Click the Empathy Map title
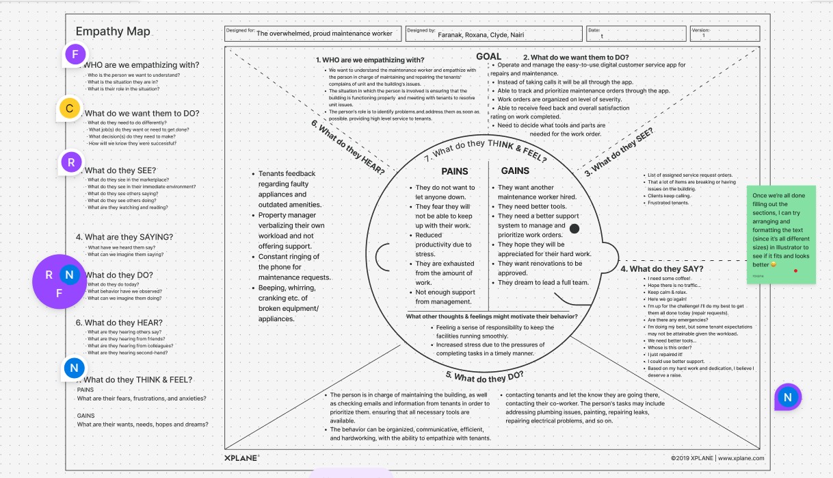113,32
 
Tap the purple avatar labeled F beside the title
75,54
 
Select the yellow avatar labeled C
70,108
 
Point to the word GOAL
488,57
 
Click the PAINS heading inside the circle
455,171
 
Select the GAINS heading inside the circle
515,171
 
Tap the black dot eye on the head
574,227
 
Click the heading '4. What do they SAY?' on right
661,268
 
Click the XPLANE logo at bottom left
241,457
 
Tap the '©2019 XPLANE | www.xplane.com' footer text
717,458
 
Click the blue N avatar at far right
788,397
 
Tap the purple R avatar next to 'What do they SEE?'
71,162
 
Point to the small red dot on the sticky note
795,271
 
